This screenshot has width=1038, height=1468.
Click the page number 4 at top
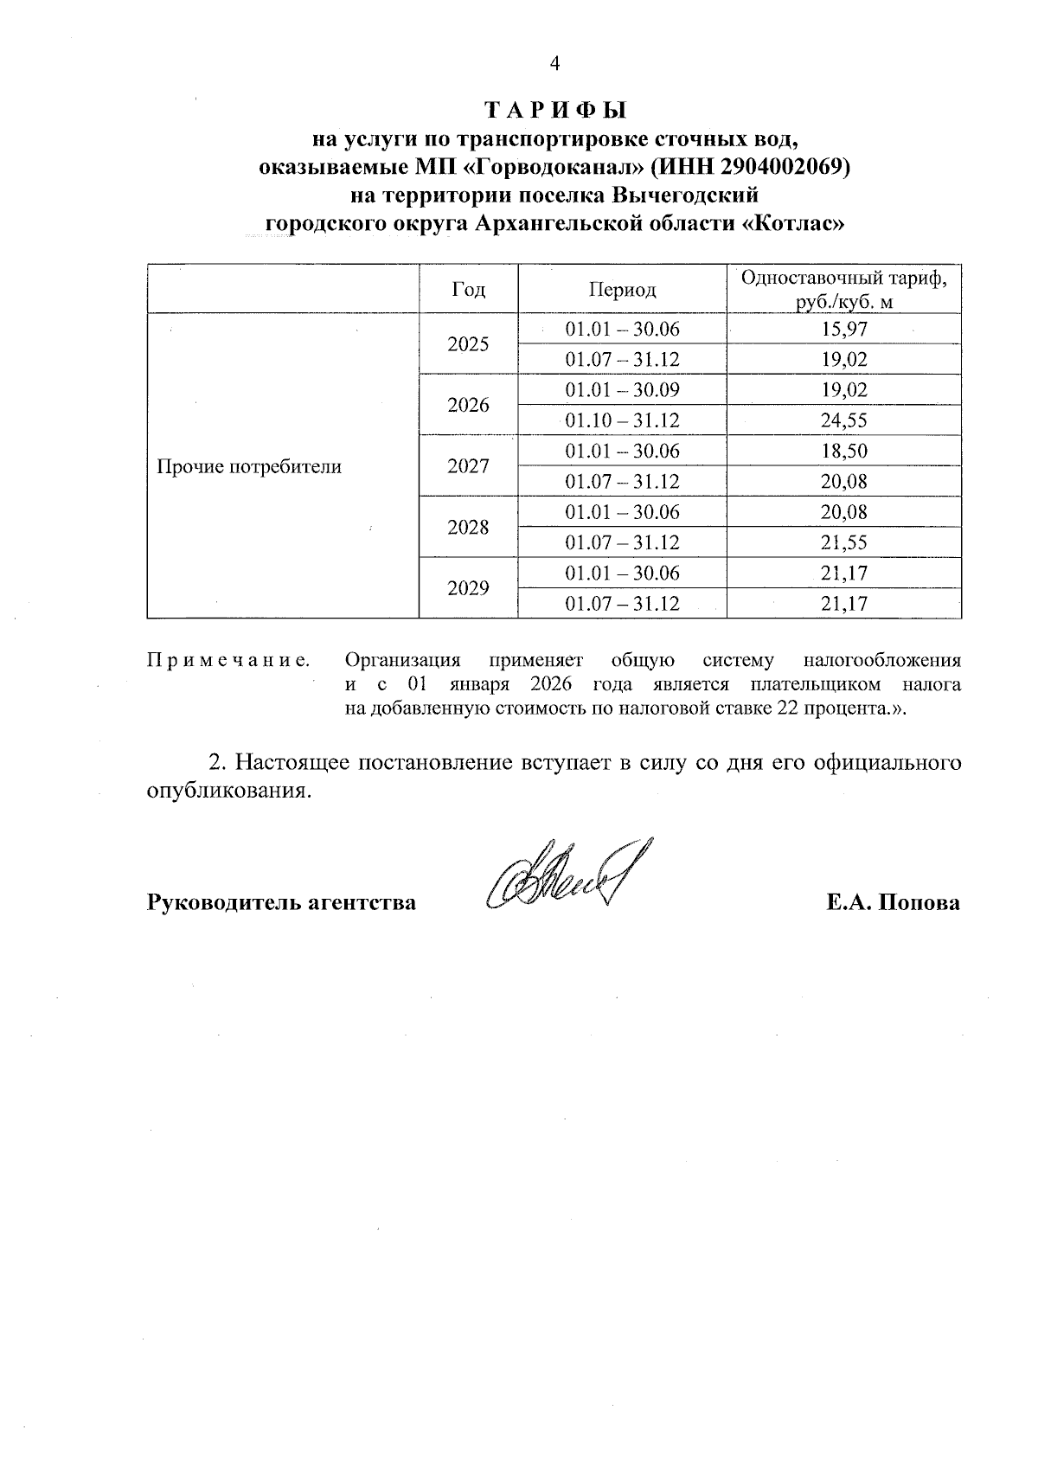click(x=554, y=63)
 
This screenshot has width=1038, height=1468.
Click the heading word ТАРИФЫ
click(x=554, y=111)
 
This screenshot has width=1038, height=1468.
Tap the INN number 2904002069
click(x=781, y=166)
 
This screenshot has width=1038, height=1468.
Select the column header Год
click(x=468, y=289)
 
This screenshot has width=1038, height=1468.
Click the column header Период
click(x=622, y=289)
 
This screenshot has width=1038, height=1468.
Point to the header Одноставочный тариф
click(x=843, y=279)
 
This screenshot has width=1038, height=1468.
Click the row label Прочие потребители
click(x=249, y=467)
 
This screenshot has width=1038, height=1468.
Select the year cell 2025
click(x=468, y=344)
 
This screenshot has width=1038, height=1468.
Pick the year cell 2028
click(x=468, y=528)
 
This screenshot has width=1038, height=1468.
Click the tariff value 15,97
click(x=843, y=329)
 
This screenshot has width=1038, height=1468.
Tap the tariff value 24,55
click(x=843, y=420)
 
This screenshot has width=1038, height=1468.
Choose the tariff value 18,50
click(x=843, y=451)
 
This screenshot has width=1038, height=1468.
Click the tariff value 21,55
click(x=843, y=542)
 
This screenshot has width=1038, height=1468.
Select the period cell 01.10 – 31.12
click(x=622, y=420)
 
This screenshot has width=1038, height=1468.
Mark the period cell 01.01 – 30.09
click(x=622, y=390)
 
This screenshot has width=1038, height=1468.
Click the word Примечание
click(x=228, y=661)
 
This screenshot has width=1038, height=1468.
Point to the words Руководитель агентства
click(x=281, y=903)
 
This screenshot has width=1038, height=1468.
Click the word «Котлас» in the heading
click(x=793, y=223)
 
